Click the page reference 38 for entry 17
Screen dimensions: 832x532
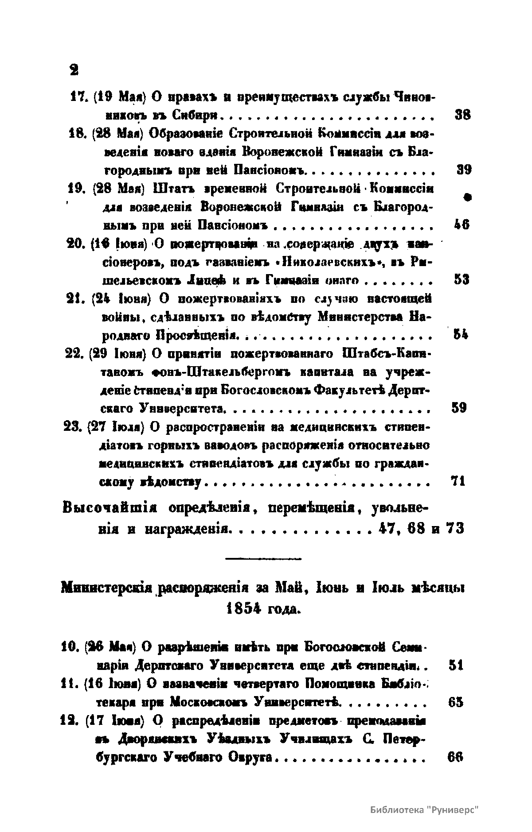click(462, 115)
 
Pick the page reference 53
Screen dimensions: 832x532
click(462, 280)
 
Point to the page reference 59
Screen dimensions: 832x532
click(459, 407)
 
